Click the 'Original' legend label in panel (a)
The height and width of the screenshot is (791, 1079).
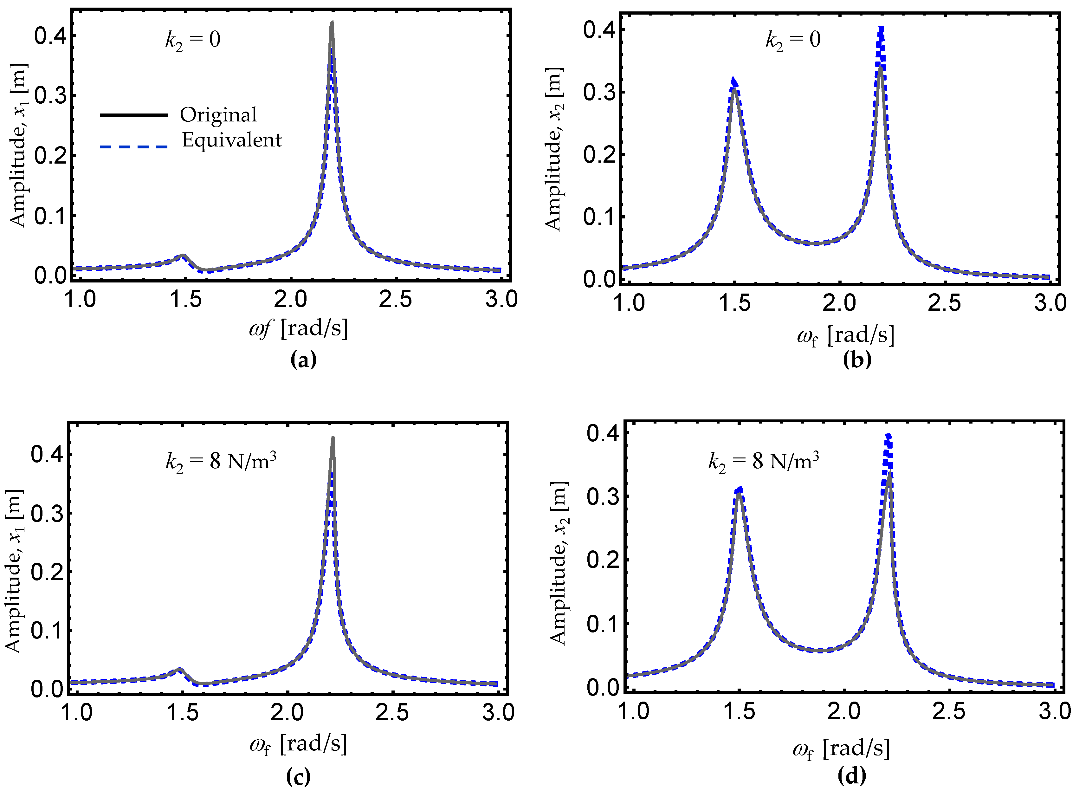point(218,115)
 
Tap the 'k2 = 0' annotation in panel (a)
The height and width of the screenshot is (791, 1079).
point(193,40)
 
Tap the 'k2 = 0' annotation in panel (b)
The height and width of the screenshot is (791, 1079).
point(793,40)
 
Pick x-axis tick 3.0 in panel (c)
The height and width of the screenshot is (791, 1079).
point(498,713)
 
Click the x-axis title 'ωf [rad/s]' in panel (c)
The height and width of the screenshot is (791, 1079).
point(298,745)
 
